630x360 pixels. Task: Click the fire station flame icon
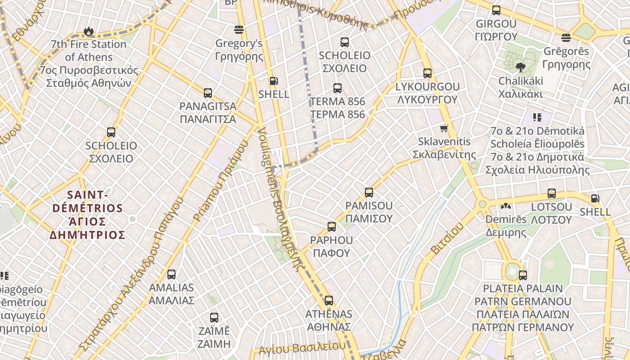click(x=88, y=31)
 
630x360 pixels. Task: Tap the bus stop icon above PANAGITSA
click(x=207, y=93)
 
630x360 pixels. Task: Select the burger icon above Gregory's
click(x=239, y=30)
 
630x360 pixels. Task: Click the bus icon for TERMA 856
click(x=337, y=88)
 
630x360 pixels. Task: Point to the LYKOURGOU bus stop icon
click(x=427, y=73)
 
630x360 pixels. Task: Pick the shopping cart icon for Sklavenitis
click(x=444, y=129)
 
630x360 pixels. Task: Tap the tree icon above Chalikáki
click(x=521, y=68)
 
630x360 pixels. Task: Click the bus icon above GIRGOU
click(x=496, y=10)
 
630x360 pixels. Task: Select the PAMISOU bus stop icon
click(x=369, y=193)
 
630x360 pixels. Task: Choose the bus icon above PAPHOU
click(x=332, y=227)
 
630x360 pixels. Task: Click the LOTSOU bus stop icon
click(x=552, y=194)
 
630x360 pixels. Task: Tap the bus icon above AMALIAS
click(x=171, y=274)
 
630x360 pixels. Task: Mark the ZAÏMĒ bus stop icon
click(x=214, y=318)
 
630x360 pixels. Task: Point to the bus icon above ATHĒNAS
click(x=329, y=301)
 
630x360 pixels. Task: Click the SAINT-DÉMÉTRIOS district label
click(x=88, y=215)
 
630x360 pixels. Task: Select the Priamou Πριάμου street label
click(x=220, y=182)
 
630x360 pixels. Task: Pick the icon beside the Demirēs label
click(x=506, y=207)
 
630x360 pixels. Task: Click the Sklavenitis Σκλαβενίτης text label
click(x=444, y=148)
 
